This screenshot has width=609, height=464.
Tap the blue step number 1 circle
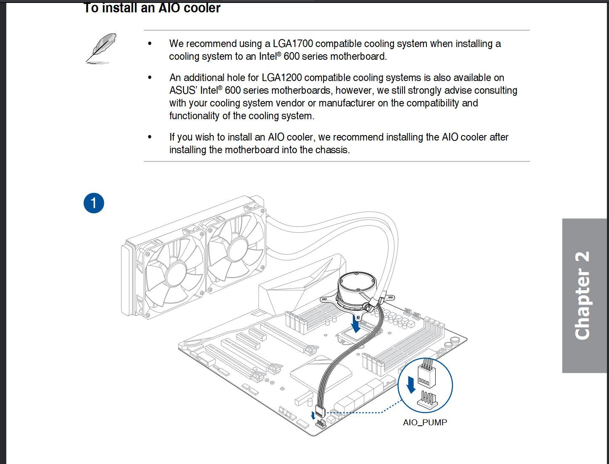click(93, 203)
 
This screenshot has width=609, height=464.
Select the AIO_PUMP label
click(425, 422)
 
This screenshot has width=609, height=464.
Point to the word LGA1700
click(293, 44)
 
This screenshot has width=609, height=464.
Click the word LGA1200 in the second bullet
click(282, 78)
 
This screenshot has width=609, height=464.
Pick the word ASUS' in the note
click(183, 90)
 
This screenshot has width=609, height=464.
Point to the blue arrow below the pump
click(356, 324)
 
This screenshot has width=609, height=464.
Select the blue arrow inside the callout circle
click(411, 384)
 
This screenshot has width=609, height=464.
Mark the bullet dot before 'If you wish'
click(149, 137)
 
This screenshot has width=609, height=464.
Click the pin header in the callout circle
click(427, 401)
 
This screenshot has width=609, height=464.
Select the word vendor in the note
click(291, 103)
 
